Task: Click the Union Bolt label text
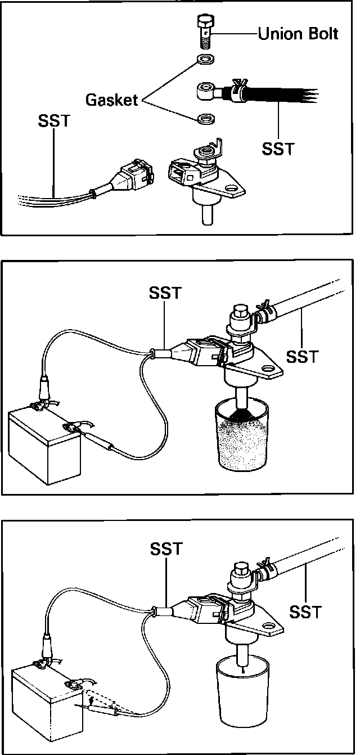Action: coord(298,34)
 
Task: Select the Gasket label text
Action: coord(111,100)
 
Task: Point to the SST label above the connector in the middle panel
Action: coord(165,293)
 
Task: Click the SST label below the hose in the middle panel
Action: coord(302,356)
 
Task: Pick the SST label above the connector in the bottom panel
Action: coord(166,549)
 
